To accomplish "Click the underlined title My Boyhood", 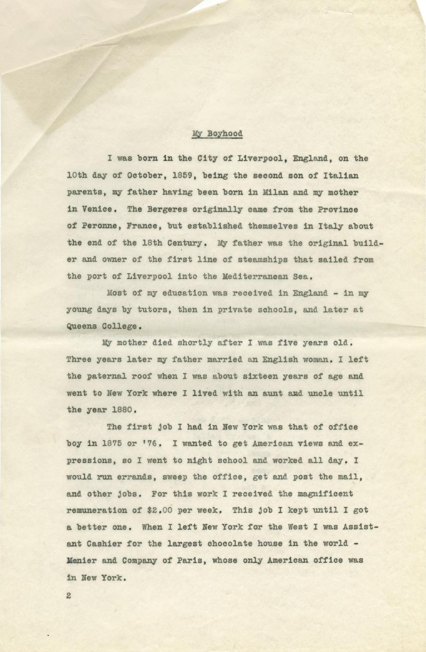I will tap(217, 134).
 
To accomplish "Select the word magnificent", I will tap(323, 494).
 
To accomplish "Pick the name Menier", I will tap(82, 560).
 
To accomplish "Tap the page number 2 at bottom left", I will tap(69, 596).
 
